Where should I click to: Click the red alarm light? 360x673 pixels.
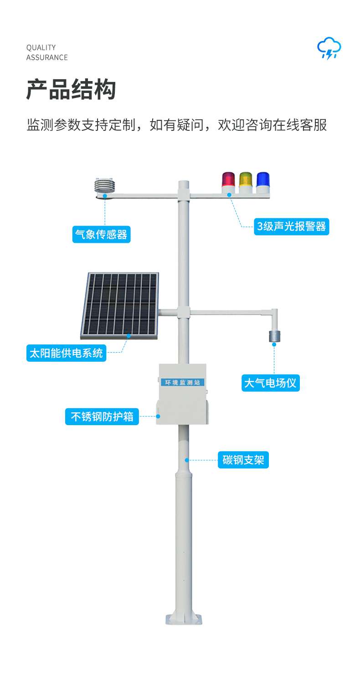coord(228,182)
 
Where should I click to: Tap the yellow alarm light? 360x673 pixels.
coord(246,182)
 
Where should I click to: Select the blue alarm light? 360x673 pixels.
coord(262,182)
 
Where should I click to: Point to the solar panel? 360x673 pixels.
coord(119,305)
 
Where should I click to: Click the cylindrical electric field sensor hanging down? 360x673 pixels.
coord(275,336)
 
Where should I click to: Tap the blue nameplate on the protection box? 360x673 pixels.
coord(182,382)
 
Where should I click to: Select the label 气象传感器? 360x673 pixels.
coord(101,234)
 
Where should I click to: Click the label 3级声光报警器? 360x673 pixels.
coord(292,226)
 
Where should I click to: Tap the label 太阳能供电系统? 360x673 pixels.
coord(67,353)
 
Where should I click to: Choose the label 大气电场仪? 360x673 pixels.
coord(270,383)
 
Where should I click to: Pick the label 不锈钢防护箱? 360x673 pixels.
coord(102,416)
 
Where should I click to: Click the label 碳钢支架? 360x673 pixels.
coord(243,460)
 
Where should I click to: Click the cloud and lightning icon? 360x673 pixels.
coord(329,48)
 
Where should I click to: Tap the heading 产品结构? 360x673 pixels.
coord(71,89)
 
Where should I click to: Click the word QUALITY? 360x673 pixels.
coord(41,47)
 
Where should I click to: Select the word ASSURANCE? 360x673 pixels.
coord(47,57)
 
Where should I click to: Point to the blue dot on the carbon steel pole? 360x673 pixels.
coord(187,460)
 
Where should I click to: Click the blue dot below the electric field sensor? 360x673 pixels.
coord(274,344)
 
